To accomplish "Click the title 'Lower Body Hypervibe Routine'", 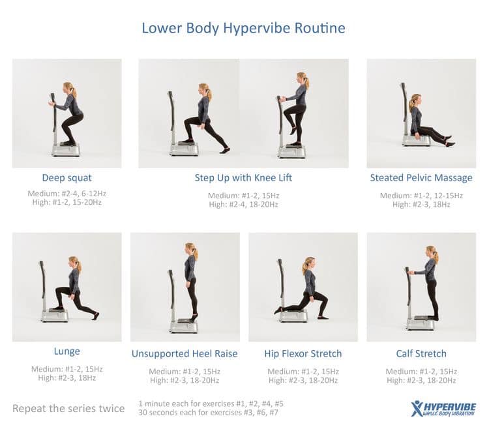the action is (244, 28).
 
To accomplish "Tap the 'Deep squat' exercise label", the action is (67, 178).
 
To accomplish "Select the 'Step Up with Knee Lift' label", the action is (243, 178).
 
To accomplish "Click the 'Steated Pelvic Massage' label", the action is (421, 178).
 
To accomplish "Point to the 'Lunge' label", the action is (67, 351).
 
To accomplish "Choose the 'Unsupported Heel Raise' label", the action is (185, 353).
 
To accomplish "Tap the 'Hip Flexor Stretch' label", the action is (303, 353).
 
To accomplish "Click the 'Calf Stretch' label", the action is (421, 353).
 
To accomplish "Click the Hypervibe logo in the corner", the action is (443, 409).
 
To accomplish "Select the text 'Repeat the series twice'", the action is (68, 408).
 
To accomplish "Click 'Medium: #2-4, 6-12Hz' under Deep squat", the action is (67, 194).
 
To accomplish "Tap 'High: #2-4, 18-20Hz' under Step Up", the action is (243, 205).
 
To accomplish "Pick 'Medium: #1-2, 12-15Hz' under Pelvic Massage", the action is (421, 196).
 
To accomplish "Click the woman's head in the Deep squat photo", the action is (69, 89).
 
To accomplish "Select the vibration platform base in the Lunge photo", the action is (55, 316).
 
